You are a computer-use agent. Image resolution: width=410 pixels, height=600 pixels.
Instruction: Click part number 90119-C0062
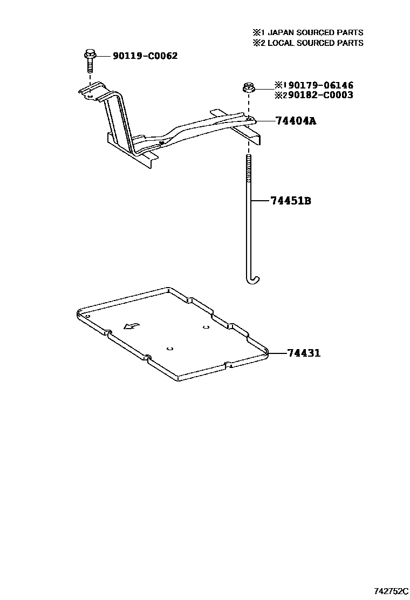145,56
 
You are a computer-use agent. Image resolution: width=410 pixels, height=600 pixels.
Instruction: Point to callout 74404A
295,121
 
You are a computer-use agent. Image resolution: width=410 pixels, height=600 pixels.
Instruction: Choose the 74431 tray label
304,353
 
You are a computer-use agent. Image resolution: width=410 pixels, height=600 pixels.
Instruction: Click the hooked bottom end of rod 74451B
252,278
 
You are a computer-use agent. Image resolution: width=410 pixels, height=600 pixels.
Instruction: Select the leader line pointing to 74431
276,353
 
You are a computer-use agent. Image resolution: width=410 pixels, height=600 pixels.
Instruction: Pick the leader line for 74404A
265,121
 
